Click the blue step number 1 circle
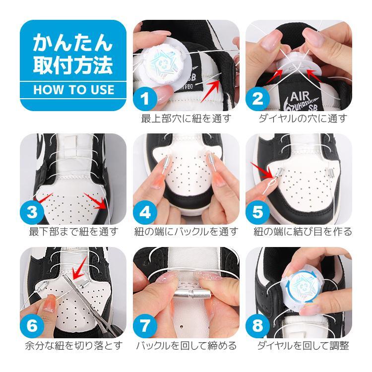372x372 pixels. click(145, 99)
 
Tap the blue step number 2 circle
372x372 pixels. click(257, 99)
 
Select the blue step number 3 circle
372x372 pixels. click(32, 212)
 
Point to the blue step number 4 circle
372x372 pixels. click(145, 212)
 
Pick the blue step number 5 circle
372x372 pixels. click(257, 212)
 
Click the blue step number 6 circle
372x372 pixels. click(32, 326)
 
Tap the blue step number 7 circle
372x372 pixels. click(145, 326)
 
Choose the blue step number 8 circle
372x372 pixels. click(257, 326)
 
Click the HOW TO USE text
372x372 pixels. click(74, 90)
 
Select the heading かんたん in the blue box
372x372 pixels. click(73, 43)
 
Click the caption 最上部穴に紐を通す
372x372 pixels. click(186, 119)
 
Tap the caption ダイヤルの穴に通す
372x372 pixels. click(303, 119)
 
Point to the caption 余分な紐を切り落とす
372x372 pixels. click(74, 346)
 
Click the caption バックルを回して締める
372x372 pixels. click(186, 346)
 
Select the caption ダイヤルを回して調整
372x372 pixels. click(303, 346)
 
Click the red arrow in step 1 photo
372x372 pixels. click(211, 91)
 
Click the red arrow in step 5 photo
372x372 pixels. click(263, 171)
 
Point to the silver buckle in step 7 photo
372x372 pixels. click(192, 294)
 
